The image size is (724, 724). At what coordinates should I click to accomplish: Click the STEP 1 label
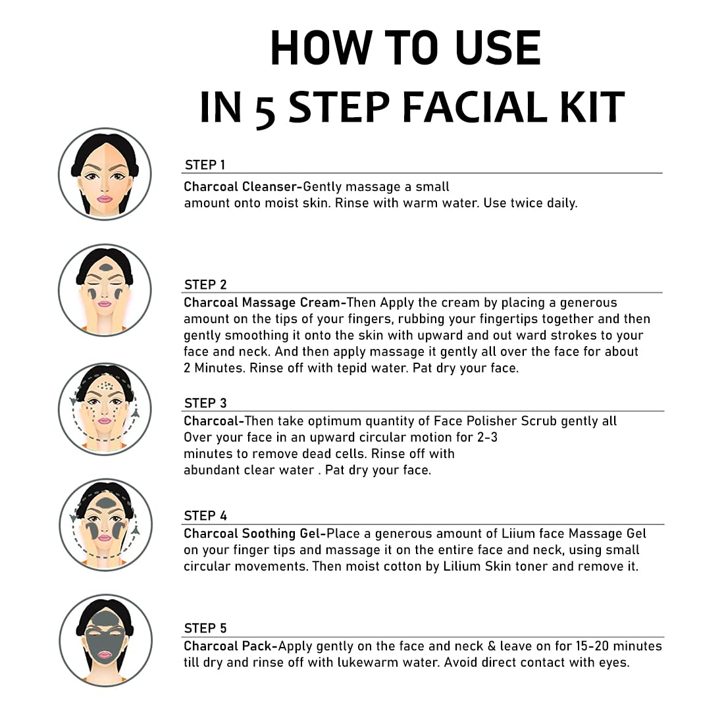tap(205, 165)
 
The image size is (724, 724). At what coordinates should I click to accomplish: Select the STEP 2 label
tap(205, 284)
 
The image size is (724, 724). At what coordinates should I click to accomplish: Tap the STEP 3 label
tap(205, 403)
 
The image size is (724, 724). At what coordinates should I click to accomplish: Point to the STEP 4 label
tap(205, 516)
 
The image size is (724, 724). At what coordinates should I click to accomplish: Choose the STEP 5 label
tap(205, 629)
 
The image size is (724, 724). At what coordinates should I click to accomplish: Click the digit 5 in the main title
tap(265, 110)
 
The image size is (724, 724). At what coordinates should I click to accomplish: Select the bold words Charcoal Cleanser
tap(240, 186)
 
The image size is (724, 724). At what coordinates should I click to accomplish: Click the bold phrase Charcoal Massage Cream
tap(262, 303)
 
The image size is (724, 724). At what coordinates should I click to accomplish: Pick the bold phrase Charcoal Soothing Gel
tap(252, 533)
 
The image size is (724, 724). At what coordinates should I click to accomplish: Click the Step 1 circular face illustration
tap(105, 174)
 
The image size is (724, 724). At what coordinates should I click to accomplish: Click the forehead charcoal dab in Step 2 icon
tap(106, 267)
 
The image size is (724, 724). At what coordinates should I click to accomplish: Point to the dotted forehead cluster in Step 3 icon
tap(106, 385)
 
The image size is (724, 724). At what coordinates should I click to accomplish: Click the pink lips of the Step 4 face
tap(105, 538)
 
